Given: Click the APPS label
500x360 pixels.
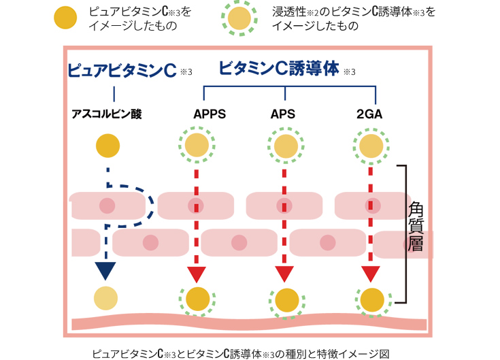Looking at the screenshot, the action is click(x=210, y=114).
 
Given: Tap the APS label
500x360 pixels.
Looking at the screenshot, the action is click(x=283, y=114).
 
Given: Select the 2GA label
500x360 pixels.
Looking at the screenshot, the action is click(x=369, y=114).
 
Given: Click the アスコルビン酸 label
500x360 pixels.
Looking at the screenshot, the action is click(x=107, y=114).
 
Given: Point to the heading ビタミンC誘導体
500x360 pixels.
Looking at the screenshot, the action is click(x=279, y=69).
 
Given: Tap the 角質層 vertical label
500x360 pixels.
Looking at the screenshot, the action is click(x=416, y=226).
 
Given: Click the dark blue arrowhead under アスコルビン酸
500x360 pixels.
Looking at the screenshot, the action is click(x=105, y=271).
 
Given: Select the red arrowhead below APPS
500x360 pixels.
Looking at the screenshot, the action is click(x=197, y=274).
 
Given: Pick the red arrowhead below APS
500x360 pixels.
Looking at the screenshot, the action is click(x=284, y=274).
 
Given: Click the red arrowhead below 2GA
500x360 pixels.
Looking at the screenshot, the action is click(x=371, y=274).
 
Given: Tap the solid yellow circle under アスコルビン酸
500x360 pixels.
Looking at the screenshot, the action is click(x=107, y=146).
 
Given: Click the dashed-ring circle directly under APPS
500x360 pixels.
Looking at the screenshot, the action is click(x=197, y=145).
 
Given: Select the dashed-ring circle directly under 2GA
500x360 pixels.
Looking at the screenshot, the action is click(x=371, y=146).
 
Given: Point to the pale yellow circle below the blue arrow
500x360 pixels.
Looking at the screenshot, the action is click(x=106, y=298).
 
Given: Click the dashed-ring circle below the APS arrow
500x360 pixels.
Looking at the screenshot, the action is click(x=286, y=300).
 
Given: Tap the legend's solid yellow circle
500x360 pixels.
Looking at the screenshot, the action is click(x=65, y=18).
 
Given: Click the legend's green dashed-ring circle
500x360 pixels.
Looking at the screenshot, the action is click(x=239, y=18).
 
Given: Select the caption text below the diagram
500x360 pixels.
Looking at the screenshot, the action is click(x=241, y=354).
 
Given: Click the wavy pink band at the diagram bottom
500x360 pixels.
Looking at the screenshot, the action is click(x=250, y=323).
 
